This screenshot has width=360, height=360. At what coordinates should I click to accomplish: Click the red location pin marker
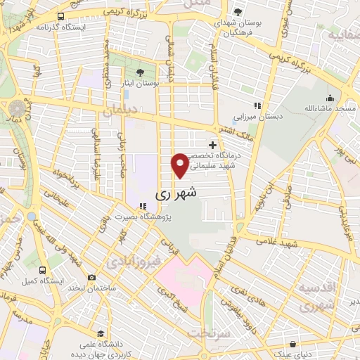[180, 165]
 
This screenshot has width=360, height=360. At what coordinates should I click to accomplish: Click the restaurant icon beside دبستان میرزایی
[257, 106]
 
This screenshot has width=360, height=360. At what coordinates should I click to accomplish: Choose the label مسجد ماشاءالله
[328, 109]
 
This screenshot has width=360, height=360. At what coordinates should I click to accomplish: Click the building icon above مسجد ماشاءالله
[329, 97]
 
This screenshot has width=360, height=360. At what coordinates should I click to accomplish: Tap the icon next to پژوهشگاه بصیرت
[143, 207]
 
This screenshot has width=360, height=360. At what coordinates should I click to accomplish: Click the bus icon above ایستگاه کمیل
[42, 269]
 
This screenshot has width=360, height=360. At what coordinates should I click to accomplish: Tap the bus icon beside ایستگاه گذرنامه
[61, 15]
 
